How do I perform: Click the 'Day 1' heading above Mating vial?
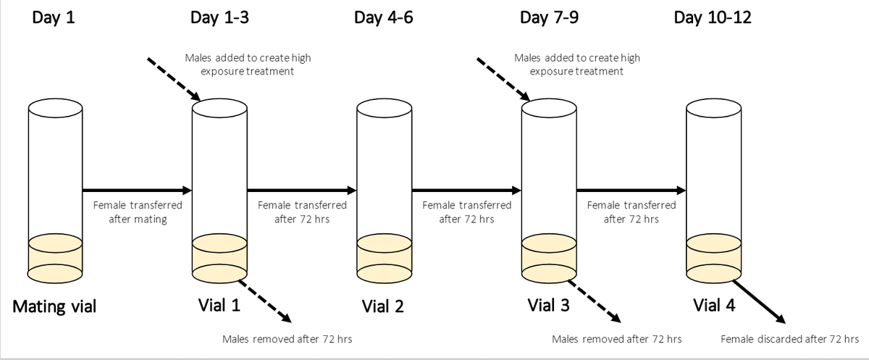[x=54, y=17]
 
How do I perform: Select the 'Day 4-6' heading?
[x=383, y=17]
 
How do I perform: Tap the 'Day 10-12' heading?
[x=712, y=17]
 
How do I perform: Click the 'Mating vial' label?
[x=55, y=307]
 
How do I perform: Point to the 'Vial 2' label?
[x=384, y=307]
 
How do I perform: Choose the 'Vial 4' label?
[x=713, y=306]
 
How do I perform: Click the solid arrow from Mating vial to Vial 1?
[x=137, y=191]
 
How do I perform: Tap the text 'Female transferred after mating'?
[x=138, y=212]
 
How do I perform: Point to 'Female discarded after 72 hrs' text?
[x=790, y=339]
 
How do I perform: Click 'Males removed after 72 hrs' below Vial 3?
[x=616, y=339]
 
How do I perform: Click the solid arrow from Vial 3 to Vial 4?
[x=630, y=191]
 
